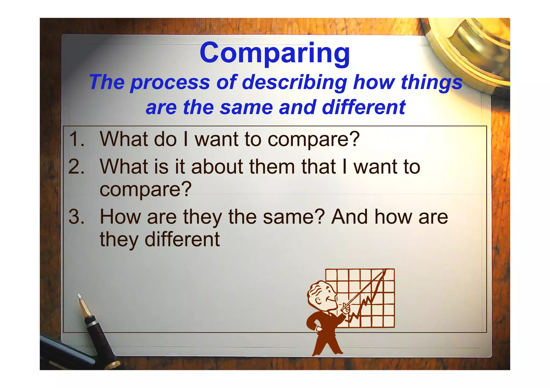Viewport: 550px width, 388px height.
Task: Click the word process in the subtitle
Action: point(170,82)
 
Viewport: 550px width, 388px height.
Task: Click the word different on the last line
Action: point(182,239)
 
